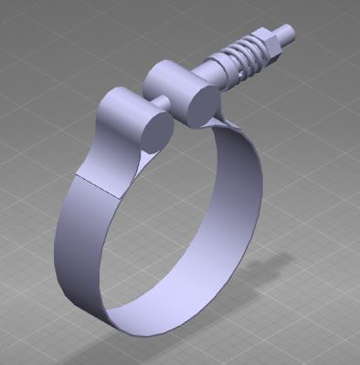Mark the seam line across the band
[x=98, y=185]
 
